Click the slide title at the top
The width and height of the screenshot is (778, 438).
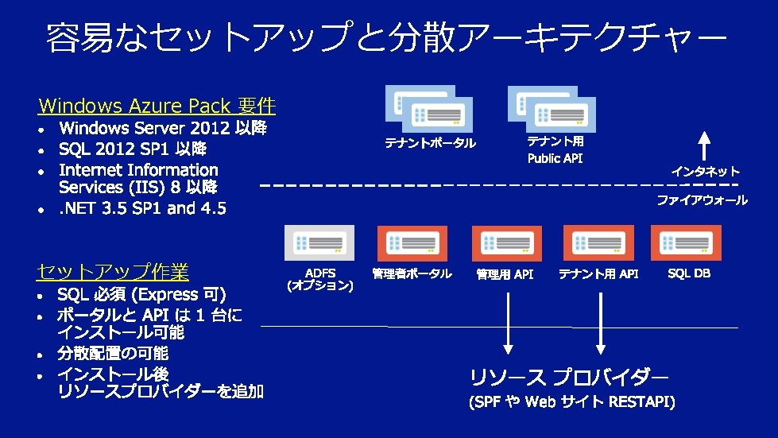pyautogui.click(x=386, y=38)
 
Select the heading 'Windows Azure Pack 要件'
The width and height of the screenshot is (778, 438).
pyautogui.click(x=157, y=106)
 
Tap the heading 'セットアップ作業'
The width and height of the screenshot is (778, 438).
pyautogui.click(x=112, y=273)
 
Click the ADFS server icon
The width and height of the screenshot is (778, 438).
pyautogui.click(x=319, y=243)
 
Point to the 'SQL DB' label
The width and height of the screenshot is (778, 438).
pyautogui.click(x=689, y=273)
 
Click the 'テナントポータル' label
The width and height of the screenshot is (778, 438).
pyautogui.click(x=430, y=144)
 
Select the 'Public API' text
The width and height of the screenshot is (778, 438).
pyautogui.click(x=555, y=159)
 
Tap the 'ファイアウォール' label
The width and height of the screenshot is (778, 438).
pyautogui.click(x=702, y=200)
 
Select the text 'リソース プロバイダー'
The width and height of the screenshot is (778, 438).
pyautogui.click(x=568, y=377)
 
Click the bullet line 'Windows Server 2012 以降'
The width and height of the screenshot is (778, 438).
pyautogui.click(x=162, y=128)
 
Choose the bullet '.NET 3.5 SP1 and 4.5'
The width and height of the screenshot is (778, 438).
pyautogui.click(x=142, y=208)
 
